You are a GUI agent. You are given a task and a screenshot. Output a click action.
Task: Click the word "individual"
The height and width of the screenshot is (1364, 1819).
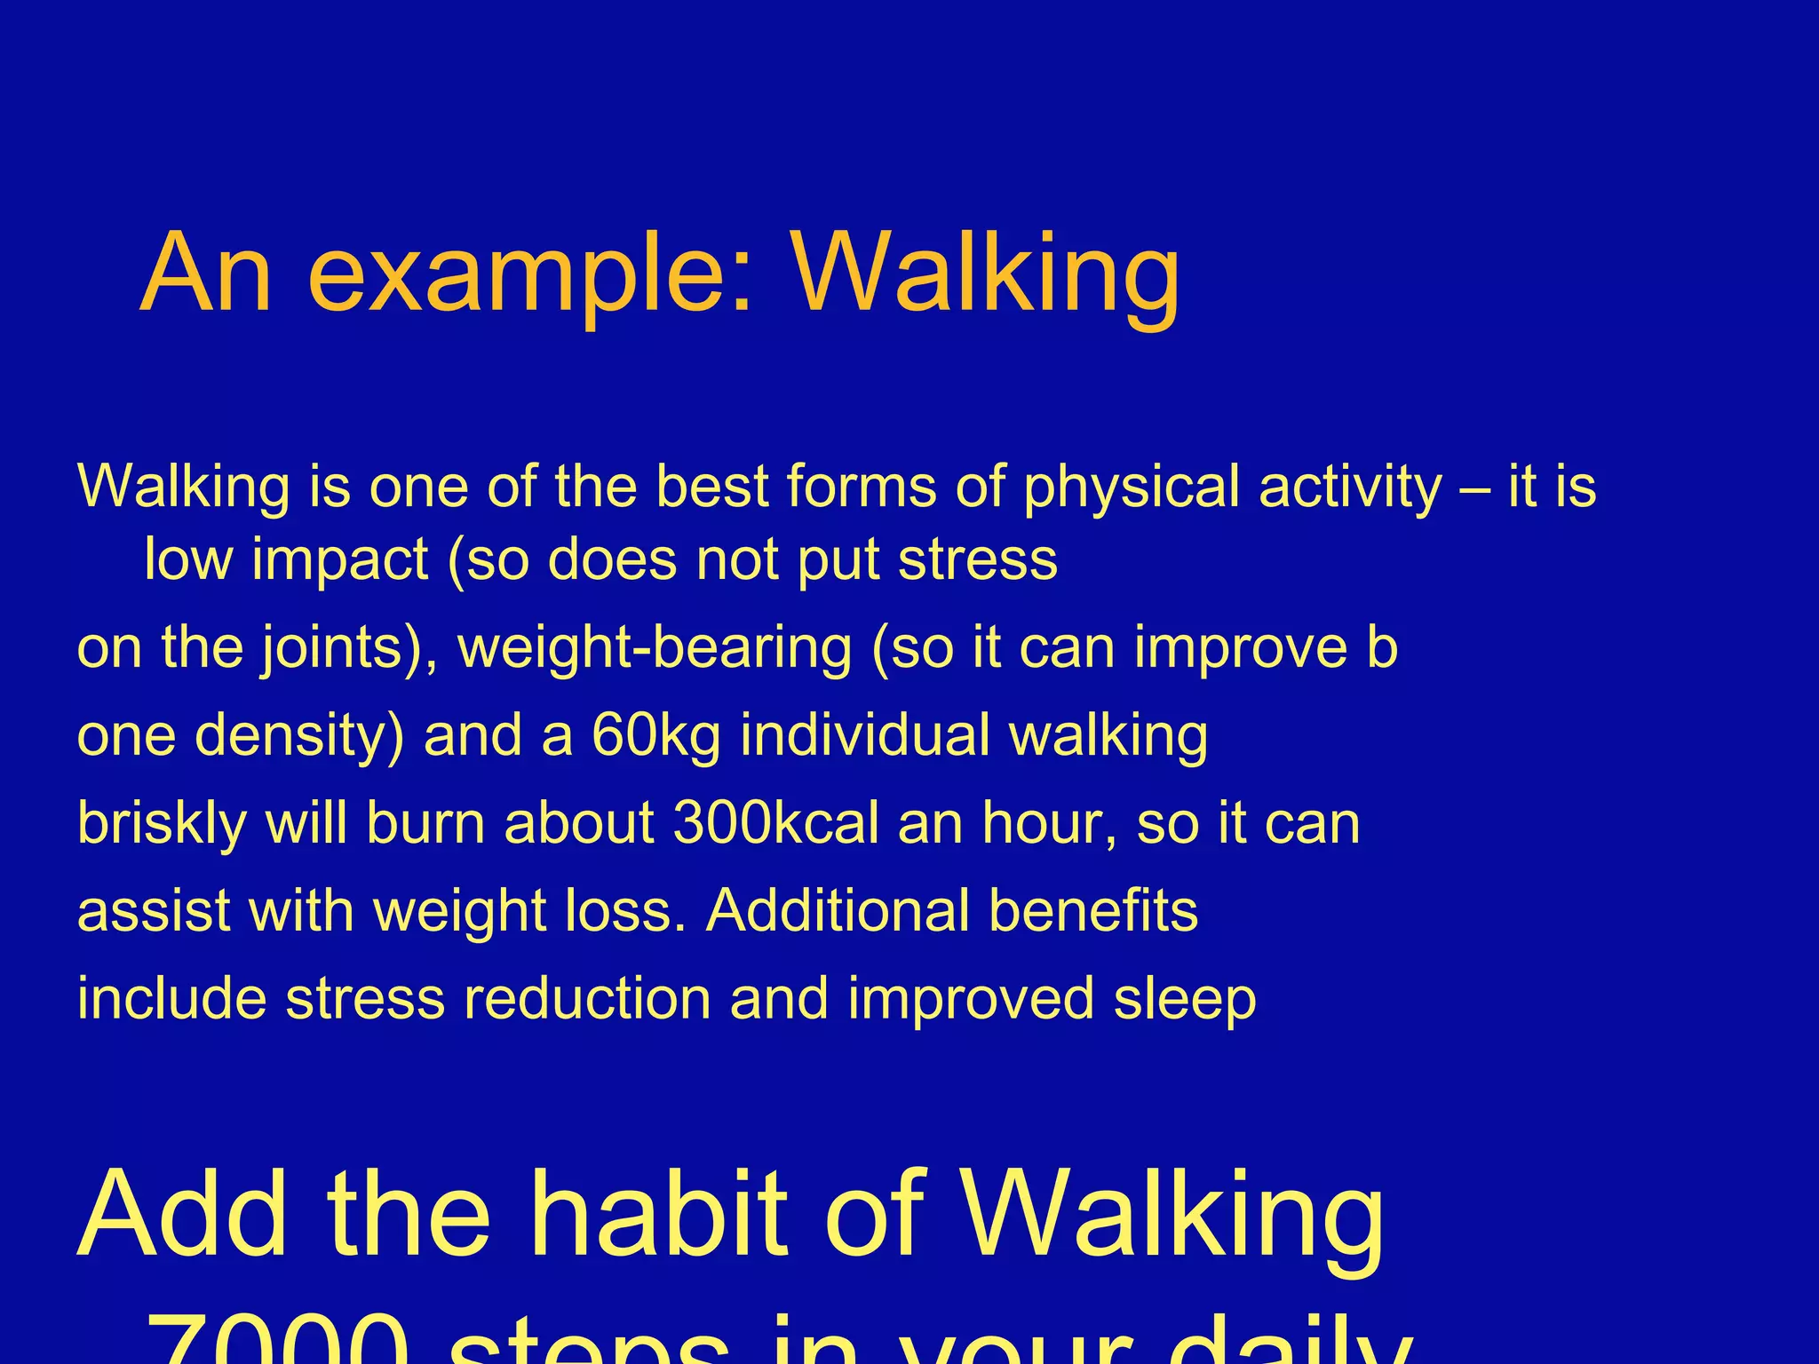point(865,735)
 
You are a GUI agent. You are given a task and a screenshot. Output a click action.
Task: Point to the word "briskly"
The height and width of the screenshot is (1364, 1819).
point(163,824)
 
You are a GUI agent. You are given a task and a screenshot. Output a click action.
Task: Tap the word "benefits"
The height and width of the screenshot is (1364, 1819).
point(1093,910)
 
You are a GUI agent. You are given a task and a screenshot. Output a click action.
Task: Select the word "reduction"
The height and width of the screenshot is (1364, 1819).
point(587,998)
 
